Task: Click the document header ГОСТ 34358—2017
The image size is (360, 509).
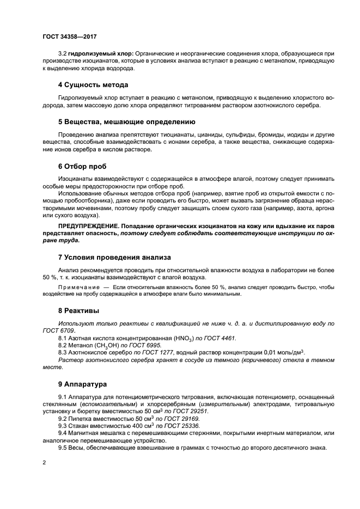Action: pyautogui.click(x=69, y=36)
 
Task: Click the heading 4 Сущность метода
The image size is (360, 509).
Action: pyautogui.click(x=93, y=85)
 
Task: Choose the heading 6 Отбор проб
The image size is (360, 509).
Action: pyautogui.click(x=82, y=166)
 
